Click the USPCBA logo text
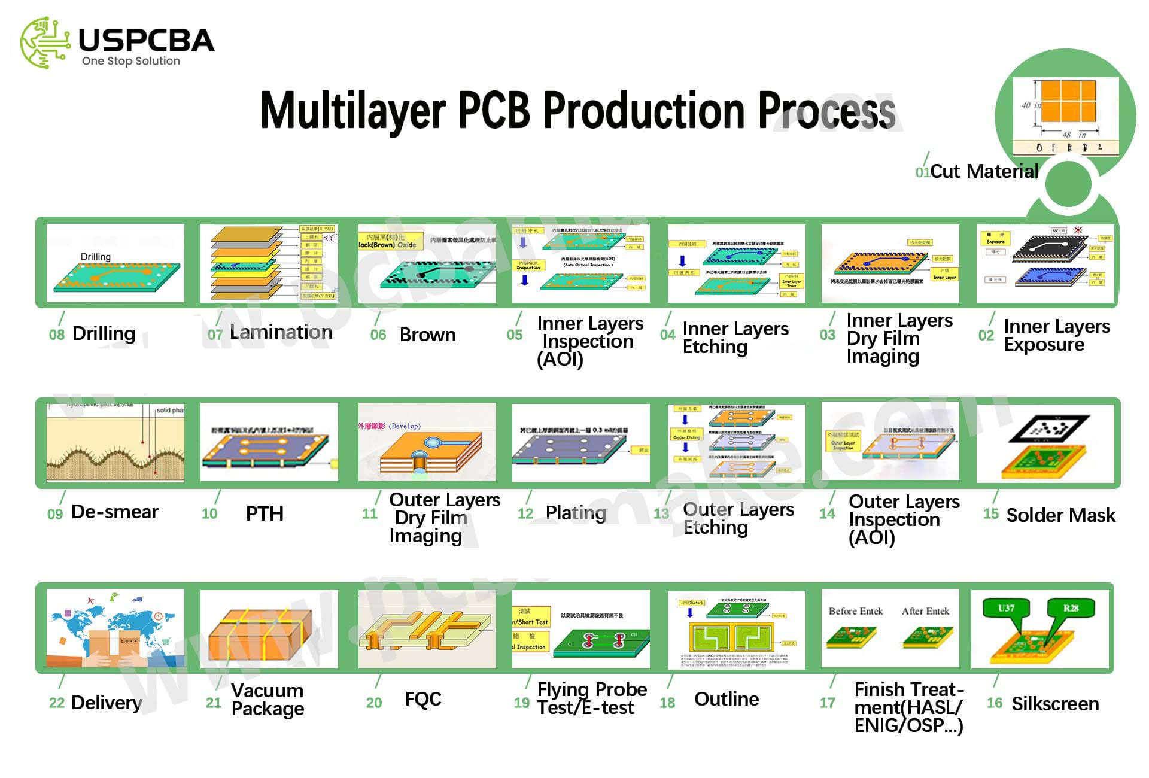pyautogui.click(x=146, y=41)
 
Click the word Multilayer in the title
pyautogui.click(x=353, y=111)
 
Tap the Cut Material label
pyautogui.click(x=984, y=171)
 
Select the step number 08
pyautogui.click(x=57, y=335)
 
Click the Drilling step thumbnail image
pyautogui.click(x=115, y=263)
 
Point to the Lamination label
pyautogui.click(x=281, y=332)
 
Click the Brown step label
pyautogui.click(x=427, y=335)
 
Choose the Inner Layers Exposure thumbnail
pyautogui.click(x=1045, y=263)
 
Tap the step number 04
pyautogui.click(x=668, y=335)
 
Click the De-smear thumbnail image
pyautogui.click(x=115, y=442)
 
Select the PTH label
pyautogui.click(x=265, y=513)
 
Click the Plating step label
pyautogui.click(x=576, y=513)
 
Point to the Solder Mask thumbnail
pyautogui.click(x=1045, y=443)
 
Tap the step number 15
pyautogui.click(x=991, y=514)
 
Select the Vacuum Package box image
pyautogui.click(x=269, y=629)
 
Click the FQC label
pyautogui.click(x=423, y=699)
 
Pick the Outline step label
pyautogui.click(x=727, y=699)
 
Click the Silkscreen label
pyautogui.click(x=1055, y=704)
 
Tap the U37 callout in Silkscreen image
pyautogui.click(x=1007, y=609)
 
